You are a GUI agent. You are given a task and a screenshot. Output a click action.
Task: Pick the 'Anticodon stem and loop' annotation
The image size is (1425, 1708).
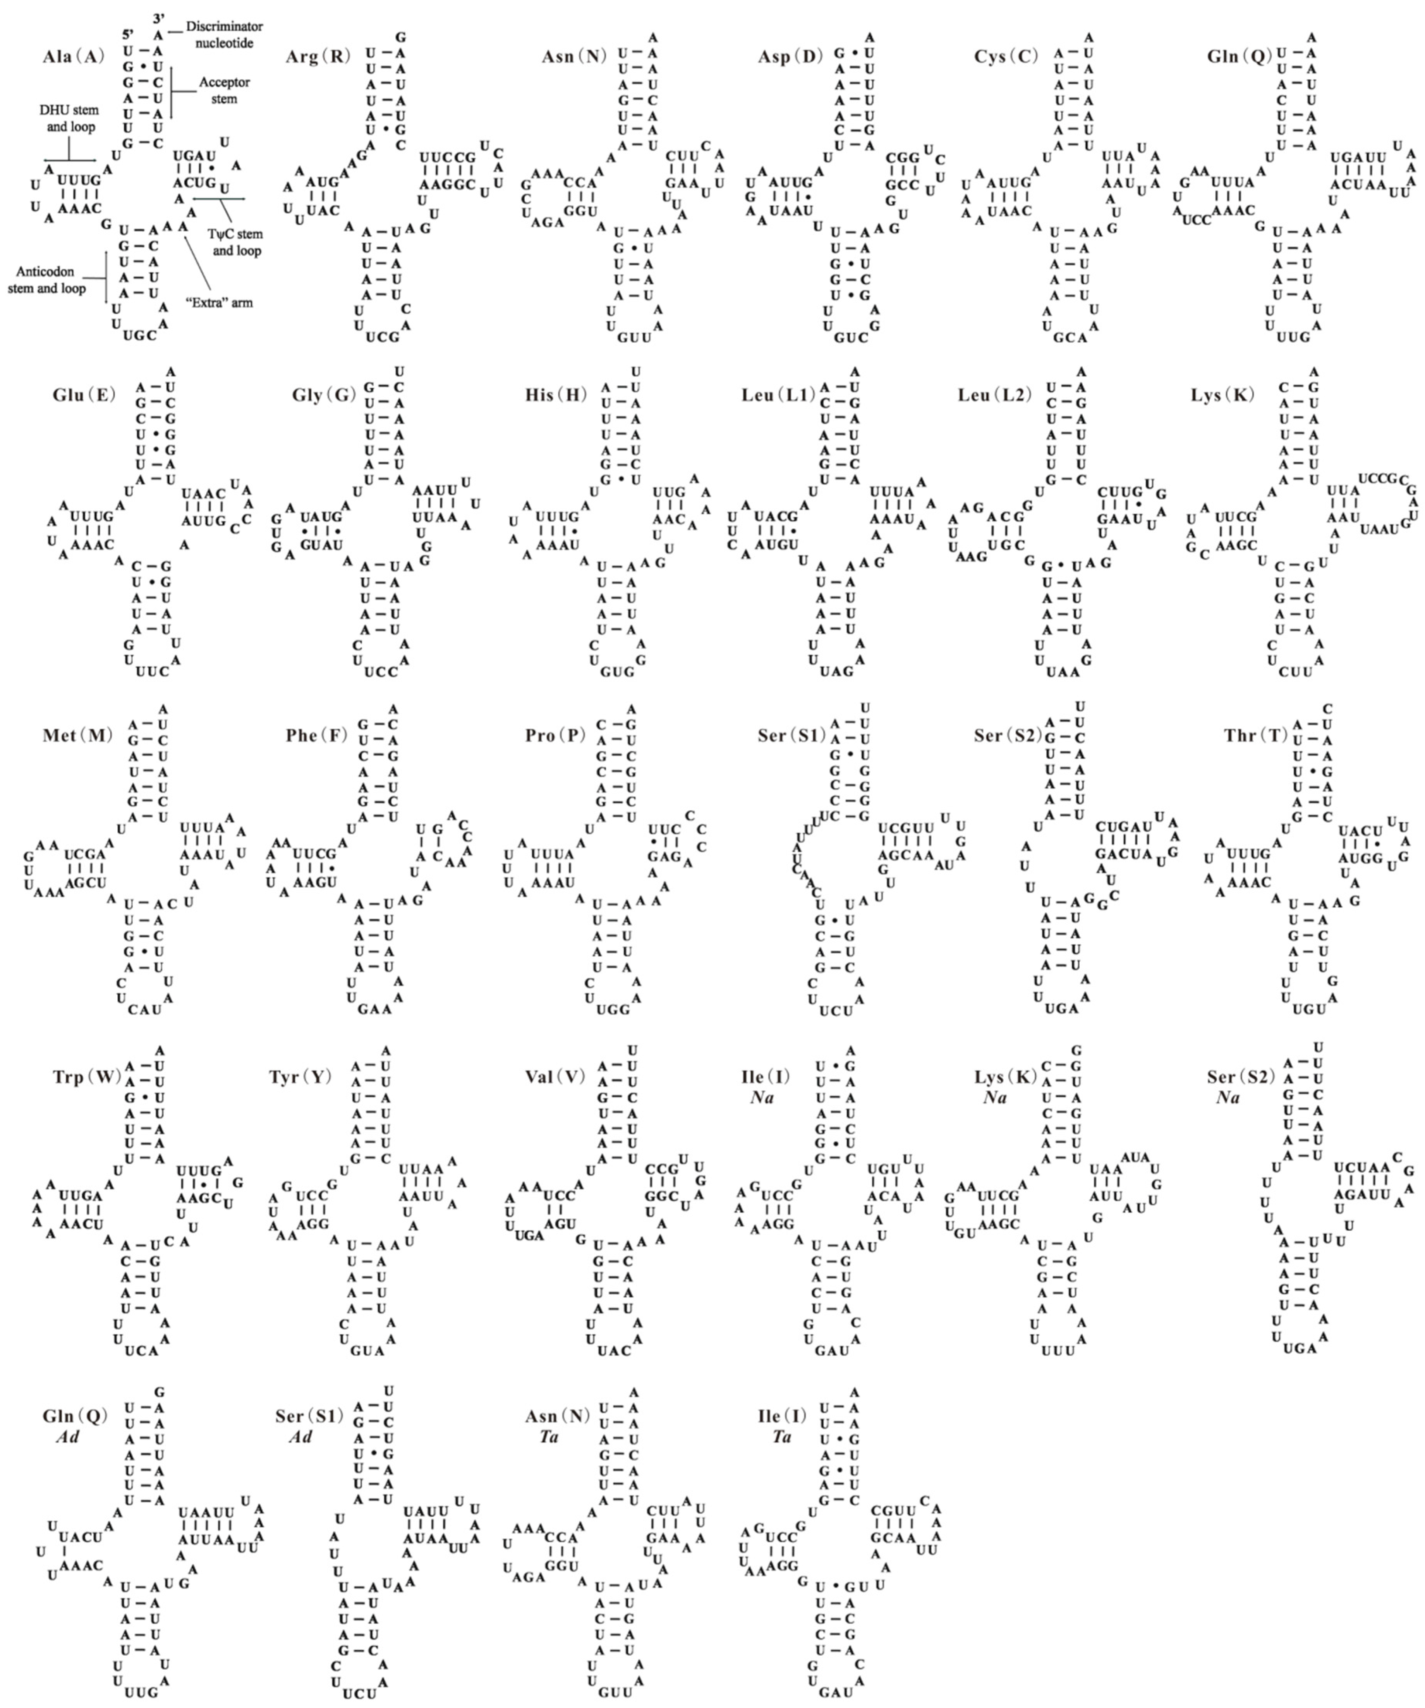(47, 280)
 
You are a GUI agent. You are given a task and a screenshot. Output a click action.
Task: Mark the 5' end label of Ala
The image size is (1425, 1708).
(128, 35)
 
